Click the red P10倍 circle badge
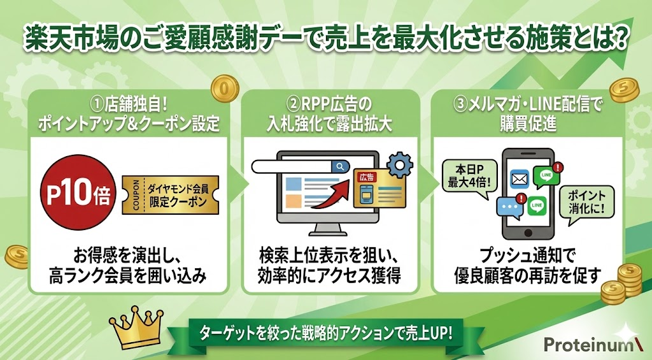pyautogui.click(x=77, y=192)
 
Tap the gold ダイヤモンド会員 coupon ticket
pyautogui.click(x=171, y=195)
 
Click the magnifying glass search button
pyautogui.click(x=341, y=166)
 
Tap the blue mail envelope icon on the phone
pyautogui.click(x=519, y=180)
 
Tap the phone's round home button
pyautogui.click(x=528, y=232)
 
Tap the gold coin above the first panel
pyautogui.click(x=225, y=89)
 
